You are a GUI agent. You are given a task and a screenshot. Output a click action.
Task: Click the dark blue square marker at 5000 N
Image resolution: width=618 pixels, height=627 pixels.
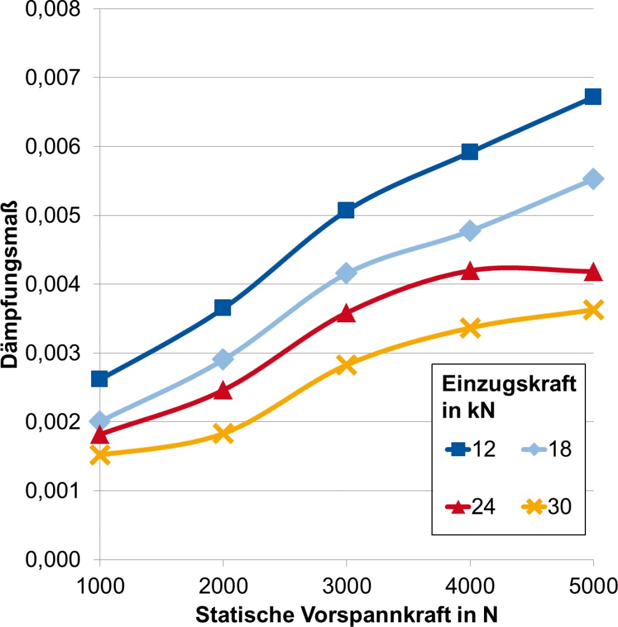tap(593, 97)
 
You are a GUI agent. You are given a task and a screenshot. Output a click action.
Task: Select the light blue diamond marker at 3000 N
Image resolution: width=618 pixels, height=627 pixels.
tap(346, 273)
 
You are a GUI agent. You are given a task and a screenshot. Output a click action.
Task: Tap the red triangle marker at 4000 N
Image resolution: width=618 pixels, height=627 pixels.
tap(470, 272)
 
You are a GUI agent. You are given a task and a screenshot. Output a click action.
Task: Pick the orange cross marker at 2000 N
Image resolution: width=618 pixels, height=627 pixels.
tap(223, 433)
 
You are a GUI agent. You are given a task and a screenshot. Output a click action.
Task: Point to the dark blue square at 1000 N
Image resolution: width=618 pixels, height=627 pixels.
tap(100, 379)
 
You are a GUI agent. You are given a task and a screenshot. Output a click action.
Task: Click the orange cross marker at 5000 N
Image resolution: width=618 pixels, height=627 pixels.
tap(593, 310)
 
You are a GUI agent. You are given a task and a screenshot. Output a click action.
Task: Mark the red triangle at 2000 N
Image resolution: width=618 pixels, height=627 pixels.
tap(223, 390)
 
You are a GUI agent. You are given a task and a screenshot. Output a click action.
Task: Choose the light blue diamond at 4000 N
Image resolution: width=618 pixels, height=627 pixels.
tap(470, 231)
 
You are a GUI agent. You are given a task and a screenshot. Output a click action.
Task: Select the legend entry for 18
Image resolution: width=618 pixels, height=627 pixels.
tap(544, 449)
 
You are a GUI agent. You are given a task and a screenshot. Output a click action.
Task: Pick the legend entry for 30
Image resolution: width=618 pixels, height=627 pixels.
tap(544, 507)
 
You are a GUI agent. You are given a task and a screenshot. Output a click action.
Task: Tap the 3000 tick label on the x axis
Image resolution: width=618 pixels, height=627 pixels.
tap(346, 587)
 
